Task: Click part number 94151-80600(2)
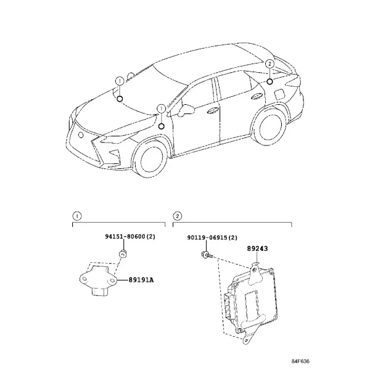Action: [130, 236]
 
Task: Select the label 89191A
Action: [141, 280]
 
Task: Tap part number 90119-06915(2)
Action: [212, 237]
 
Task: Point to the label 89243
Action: [257, 249]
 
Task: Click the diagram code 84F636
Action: [300, 361]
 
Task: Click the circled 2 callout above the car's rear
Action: [269, 64]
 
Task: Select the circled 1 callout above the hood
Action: [120, 81]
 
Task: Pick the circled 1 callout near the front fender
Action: [162, 109]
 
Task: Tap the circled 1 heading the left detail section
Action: [77, 216]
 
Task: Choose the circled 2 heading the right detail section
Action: [178, 216]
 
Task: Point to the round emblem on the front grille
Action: [81, 135]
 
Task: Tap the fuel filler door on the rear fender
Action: [279, 94]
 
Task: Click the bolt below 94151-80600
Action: [123, 254]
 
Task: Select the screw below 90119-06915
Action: [207, 255]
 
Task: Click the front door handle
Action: [213, 110]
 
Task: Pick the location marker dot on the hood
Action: [120, 99]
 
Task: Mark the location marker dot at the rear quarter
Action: [269, 81]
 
